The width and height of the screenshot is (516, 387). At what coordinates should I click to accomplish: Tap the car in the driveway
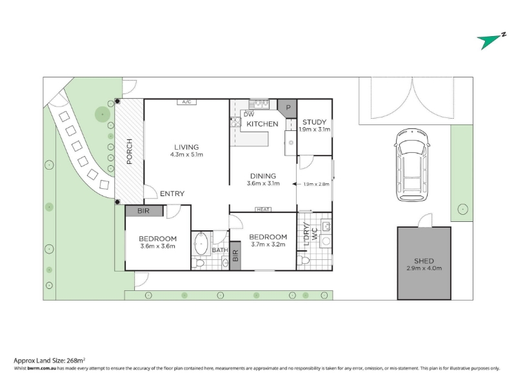tap(412, 165)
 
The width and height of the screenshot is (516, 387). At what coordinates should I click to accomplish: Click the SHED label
tap(424, 261)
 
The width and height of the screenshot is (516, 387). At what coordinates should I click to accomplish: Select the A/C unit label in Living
tap(186, 102)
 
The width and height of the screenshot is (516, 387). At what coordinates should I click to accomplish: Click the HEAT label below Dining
tap(263, 209)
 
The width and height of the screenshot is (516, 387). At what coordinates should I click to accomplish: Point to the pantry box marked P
tap(287, 108)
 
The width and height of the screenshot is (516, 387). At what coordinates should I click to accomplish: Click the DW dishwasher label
tap(249, 115)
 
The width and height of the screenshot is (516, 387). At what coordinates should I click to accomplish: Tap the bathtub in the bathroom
tap(201, 244)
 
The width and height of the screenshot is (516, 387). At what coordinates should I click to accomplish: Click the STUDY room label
tap(314, 122)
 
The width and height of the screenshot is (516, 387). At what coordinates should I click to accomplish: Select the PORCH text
tap(130, 152)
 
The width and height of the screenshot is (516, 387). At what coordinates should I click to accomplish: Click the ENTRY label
tap(172, 194)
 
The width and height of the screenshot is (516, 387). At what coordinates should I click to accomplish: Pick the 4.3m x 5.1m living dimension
tap(186, 155)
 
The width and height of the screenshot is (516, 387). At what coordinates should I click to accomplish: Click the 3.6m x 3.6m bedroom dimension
tap(157, 246)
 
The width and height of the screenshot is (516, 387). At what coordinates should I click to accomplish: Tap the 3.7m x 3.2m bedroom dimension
tap(268, 244)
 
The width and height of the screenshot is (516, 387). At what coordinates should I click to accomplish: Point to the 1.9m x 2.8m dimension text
tap(316, 184)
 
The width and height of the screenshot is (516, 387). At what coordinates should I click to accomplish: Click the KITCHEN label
tap(263, 124)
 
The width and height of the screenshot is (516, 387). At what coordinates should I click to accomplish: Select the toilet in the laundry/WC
tap(303, 261)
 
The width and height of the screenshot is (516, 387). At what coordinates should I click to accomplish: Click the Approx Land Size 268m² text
tap(50, 361)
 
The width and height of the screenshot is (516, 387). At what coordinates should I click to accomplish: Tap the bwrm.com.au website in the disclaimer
tap(42, 368)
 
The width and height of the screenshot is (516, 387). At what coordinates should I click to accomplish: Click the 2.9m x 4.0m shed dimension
tap(424, 268)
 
